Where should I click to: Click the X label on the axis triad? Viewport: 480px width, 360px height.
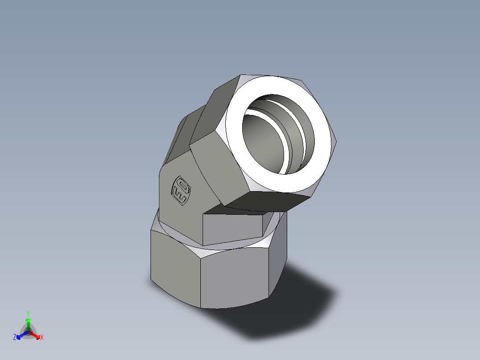tap(42, 338)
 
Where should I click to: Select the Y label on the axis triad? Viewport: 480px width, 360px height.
tap(28, 313)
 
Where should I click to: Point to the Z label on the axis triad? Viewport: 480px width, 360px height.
tap(15, 338)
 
